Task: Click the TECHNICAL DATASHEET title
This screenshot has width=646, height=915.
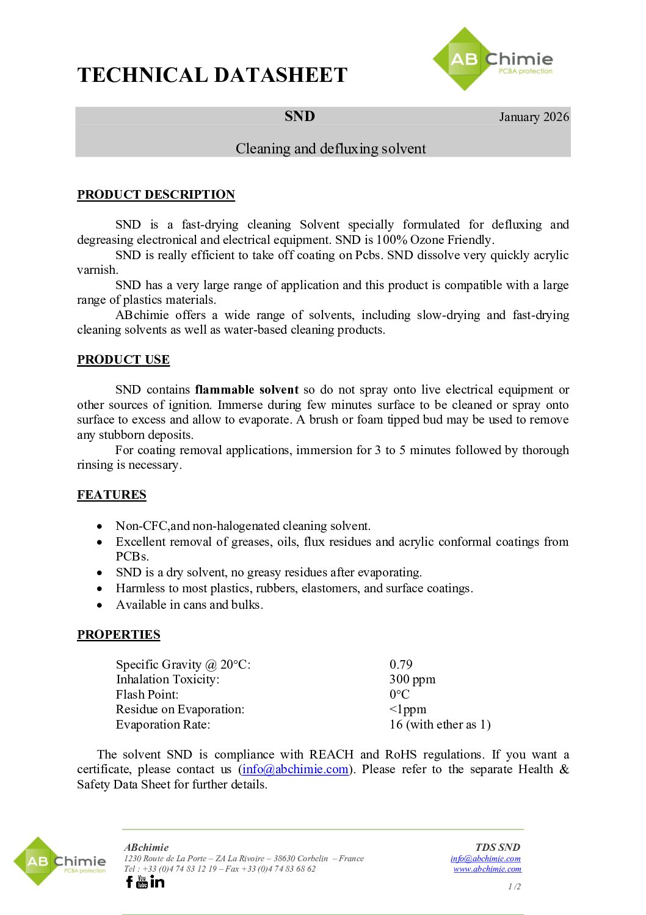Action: coord(212,75)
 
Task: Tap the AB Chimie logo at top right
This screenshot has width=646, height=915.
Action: coord(492,60)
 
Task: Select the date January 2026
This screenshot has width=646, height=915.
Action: coord(534,117)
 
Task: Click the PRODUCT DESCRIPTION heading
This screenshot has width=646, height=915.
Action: coord(156,195)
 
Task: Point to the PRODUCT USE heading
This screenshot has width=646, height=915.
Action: coord(123,360)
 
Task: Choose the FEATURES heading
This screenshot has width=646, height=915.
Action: coord(112,495)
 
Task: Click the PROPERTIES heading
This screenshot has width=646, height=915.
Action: coord(118,635)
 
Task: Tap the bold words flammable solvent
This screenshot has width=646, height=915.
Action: coord(247,390)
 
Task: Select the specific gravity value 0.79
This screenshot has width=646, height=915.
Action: coord(401,664)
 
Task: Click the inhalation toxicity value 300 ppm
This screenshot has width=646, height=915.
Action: coord(412,680)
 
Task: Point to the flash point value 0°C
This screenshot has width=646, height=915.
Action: coord(399,694)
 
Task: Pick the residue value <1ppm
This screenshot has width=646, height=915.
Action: coord(408,710)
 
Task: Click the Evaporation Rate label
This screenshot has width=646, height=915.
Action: coord(163,725)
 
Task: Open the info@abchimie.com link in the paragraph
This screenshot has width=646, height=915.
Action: coord(296,770)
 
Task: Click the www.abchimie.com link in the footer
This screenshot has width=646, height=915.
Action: coord(487,869)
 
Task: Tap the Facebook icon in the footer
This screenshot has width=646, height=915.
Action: coord(129,882)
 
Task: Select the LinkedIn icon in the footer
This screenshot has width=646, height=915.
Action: coord(158,882)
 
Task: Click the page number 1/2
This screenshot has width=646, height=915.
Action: coord(514,886)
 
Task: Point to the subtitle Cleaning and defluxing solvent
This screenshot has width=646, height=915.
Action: coord(331,149)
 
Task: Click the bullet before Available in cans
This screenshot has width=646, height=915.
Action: coord(100,605)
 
